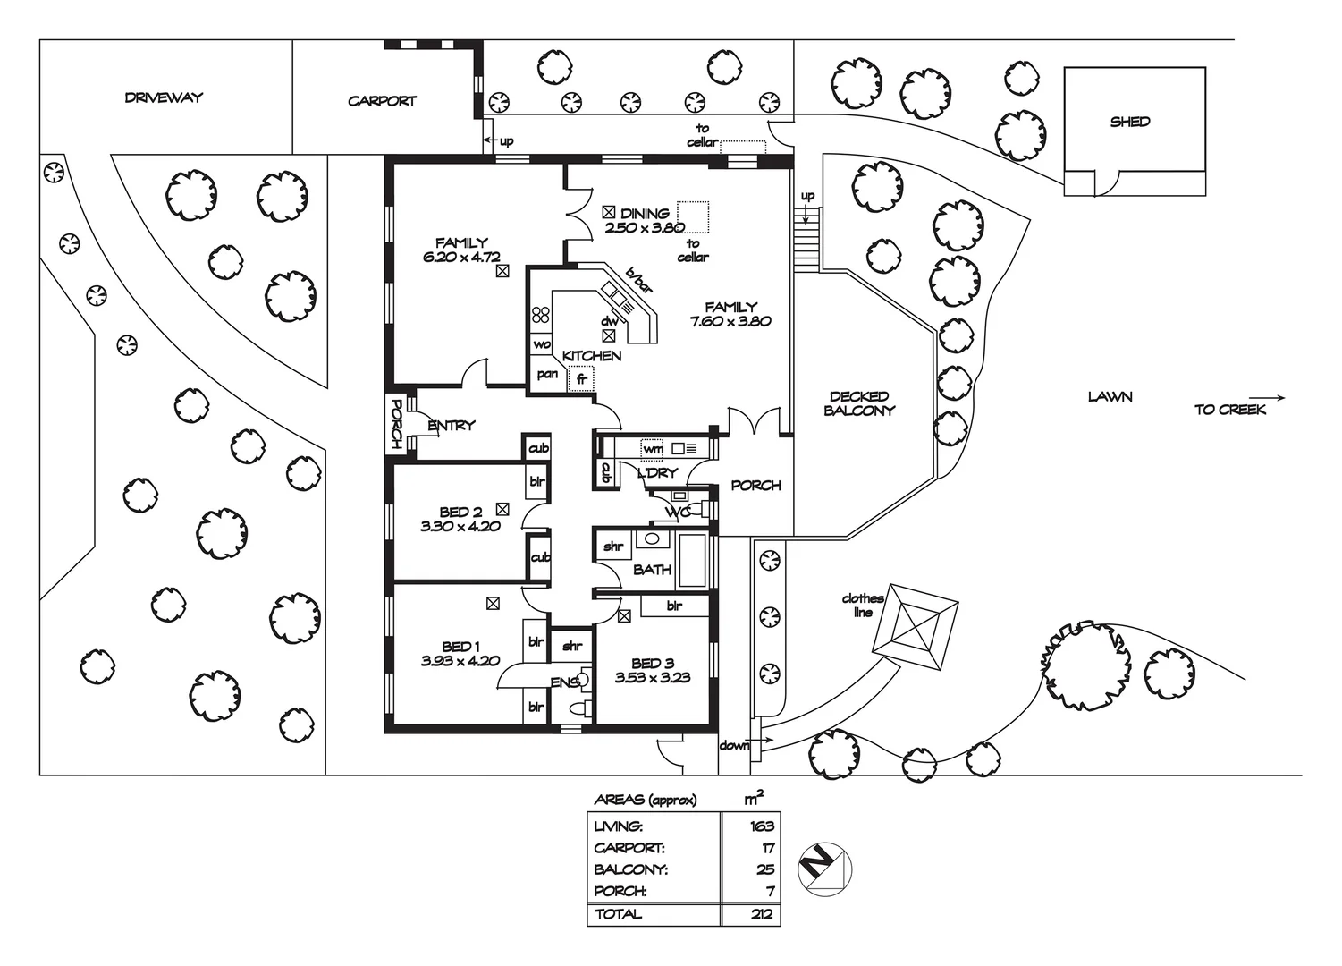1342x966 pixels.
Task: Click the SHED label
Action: tap(1129, 122)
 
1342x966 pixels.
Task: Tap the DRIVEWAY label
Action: tap(164, 97)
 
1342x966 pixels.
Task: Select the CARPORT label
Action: tap(382, 101)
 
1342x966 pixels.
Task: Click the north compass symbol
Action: tap(823, 868)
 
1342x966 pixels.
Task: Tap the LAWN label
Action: tap(1110, 396)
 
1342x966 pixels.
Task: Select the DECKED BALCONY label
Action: tap(859, 403)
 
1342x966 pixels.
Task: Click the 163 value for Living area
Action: tap(762, 826)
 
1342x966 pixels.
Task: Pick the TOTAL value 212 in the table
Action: tap(762, 914)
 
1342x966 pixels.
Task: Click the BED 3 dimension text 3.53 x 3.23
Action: tap(652, 677)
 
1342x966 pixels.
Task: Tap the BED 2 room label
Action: tap(460, 512)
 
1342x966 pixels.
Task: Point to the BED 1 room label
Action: tap(460, 647)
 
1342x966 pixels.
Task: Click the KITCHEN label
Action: tap(592, 355)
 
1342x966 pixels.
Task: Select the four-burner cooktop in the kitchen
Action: tap(541, 315)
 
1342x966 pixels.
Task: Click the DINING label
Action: tap(645, 213)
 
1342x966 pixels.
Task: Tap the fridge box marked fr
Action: tap(581, 379)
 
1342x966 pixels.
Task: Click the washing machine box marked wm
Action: tap(653, 449)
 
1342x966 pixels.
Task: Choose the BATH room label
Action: tap(652, 569)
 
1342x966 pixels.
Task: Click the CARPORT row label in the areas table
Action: tap(629, 848)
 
